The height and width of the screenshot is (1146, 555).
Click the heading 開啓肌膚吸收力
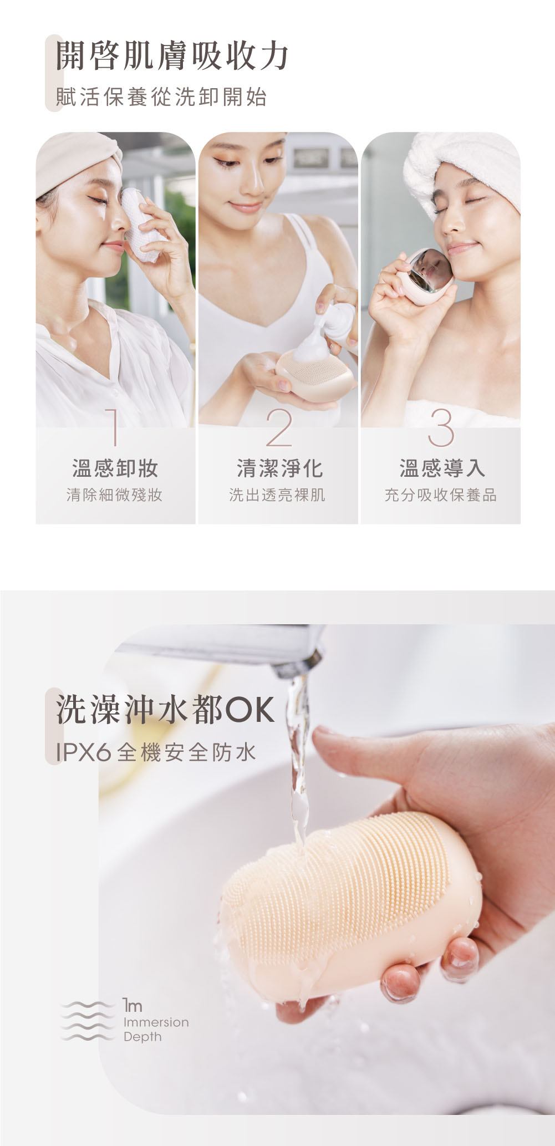(x=172, y=57)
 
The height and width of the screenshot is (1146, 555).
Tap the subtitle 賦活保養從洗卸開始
(x=161, y=97)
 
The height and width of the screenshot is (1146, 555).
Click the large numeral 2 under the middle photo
(x=278, y=427)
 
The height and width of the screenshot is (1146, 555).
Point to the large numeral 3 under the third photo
(x=441, y=427)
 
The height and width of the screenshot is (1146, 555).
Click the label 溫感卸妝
(x=115, y=468)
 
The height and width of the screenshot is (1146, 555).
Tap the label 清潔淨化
(x=279, y=468)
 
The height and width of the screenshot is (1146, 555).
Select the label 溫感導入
(x=442, y=468)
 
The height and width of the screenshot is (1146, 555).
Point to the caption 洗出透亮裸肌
(x=277, y=495)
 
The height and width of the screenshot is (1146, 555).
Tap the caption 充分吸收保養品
(x=441, y=495)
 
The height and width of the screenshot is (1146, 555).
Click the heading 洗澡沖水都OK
(x=165, y=710)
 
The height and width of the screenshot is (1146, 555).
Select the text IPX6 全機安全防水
(x=156, y=752)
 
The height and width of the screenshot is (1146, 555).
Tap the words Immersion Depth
(x=156, y=1029)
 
